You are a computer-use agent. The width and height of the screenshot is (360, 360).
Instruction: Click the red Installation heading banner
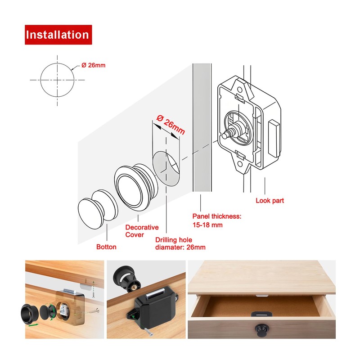tap(58, 35)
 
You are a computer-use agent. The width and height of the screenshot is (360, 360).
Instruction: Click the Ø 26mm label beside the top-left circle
tap(94, 65)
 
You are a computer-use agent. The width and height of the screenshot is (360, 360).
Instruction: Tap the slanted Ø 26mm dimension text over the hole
tap(171, 125)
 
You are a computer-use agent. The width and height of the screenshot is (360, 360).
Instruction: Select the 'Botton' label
tap(106, 247)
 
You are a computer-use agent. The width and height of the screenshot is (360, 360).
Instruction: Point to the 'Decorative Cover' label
tap(142, 231)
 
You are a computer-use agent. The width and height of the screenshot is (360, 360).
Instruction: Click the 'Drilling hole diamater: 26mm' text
tap(180, 243)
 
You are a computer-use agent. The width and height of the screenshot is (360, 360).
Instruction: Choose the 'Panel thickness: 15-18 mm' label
tap(217, 220)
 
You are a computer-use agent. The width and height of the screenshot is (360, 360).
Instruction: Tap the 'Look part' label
tap(270, 201)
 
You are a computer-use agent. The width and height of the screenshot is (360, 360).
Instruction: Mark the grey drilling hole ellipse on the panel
tap(166, 169)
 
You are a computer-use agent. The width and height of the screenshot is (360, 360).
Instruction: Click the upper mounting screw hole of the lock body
tap(239, 90)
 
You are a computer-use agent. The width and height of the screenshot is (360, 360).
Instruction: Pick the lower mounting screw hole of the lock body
tap(240, 164)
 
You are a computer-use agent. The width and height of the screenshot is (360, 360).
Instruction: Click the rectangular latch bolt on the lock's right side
tap(274, 138)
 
